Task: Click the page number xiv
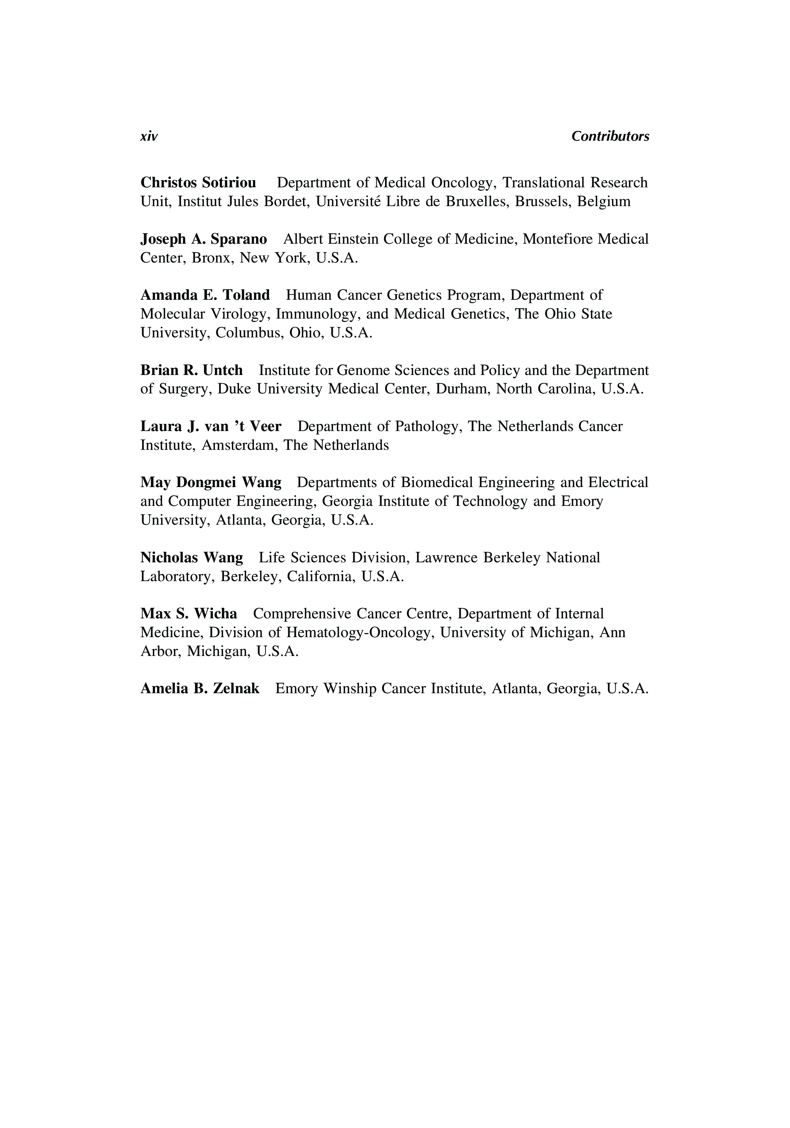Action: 149,137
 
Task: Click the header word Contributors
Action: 610,137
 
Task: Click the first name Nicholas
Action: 169,558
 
